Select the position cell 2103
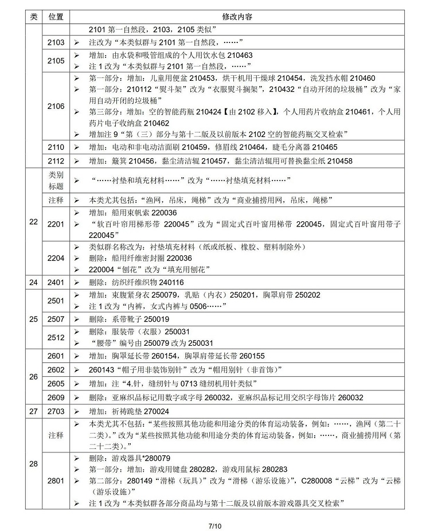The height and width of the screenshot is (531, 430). [56, 43]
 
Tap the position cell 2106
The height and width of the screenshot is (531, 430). [56, 107]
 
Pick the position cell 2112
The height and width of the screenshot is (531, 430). [56, 161]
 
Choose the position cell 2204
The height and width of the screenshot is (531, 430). [56, 258]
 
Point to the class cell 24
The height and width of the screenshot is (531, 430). [33, 282]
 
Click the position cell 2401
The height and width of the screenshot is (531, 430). [56, 282]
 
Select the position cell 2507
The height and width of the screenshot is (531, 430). [56, 318]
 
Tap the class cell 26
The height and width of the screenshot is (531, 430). [33, 377]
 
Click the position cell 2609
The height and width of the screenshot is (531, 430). [56, 397]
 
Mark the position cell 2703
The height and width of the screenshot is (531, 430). [56, 411]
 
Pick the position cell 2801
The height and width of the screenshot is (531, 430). [56, 480]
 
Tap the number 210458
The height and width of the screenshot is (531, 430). [338, 161]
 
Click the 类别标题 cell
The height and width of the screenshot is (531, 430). [56, 181]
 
